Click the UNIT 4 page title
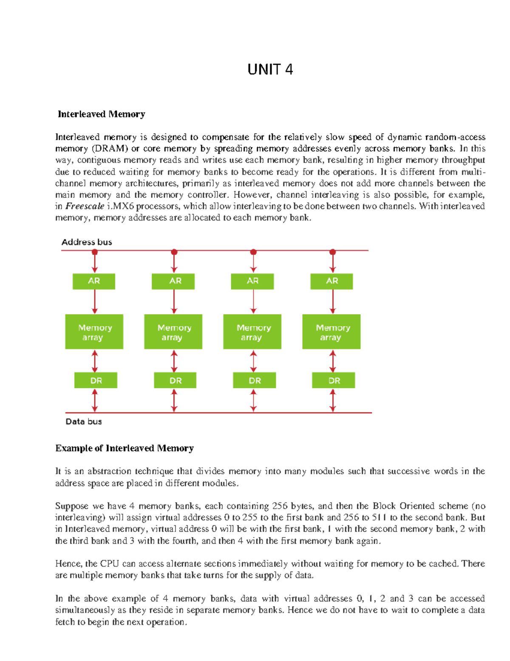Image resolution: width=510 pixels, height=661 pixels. (x=270, y=69)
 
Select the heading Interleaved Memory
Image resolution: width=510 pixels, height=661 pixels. (x=101, y=114)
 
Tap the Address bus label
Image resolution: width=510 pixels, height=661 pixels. (x=87, y=242)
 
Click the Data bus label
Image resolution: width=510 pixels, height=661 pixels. (x=84, y=421)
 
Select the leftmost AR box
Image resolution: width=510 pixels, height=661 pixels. (x=94, y=281)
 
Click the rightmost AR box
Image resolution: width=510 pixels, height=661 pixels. (x=331, y=281)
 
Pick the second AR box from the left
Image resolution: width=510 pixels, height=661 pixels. (x=173, y=281)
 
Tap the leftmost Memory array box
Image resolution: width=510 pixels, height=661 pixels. (x=94, y=332)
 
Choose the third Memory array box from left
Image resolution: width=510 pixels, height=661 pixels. (x=252, y=332)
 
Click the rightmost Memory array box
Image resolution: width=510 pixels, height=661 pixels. (x=331, y=332)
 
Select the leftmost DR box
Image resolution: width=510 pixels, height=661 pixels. (x=96, y=381)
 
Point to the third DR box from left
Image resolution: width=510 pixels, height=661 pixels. (x=254, y=381)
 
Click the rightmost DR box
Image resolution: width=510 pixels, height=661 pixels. (x=333, y=381)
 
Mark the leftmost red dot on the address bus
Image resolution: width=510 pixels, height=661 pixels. (x=95, y=252)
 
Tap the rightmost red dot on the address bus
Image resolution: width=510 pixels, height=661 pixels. (x=333, y=252)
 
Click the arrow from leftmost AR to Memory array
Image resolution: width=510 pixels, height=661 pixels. (x=95, y=302)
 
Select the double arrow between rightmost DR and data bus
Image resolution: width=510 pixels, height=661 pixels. (x=333, y=401)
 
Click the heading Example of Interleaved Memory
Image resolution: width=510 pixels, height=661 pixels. (x=125, y=448)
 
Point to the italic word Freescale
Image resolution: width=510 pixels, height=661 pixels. (x=85, y=206)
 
